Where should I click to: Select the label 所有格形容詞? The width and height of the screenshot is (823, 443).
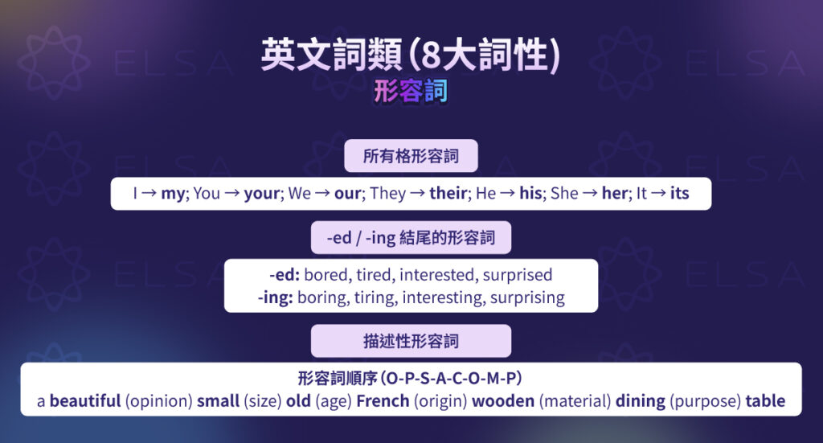411,156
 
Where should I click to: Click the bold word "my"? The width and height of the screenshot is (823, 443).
172,194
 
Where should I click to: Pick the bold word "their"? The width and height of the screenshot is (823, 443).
448,194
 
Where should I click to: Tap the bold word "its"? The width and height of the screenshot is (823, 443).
679,194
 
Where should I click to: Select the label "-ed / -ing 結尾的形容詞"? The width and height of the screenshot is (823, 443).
411,238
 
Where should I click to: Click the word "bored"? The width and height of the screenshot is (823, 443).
326,275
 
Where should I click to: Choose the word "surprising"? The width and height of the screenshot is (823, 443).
526,297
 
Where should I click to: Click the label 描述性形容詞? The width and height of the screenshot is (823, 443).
411,341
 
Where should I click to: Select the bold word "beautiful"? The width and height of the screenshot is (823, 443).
85,401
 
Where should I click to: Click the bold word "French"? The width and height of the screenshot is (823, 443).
383,401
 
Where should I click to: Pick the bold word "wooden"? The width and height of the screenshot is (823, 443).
502,401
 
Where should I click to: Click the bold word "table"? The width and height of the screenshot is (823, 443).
764,401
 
